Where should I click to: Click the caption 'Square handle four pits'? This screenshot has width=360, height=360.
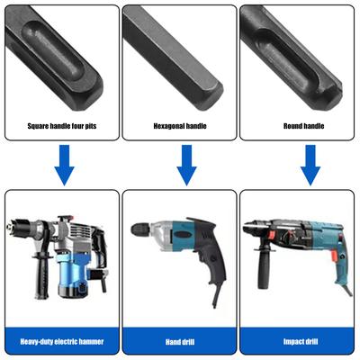[x=62, y=126]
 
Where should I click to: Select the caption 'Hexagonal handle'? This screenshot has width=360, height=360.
[x=180, y=126]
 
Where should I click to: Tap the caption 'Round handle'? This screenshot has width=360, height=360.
[x=303, y=126]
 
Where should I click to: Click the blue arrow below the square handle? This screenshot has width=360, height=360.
[x=64, y=165]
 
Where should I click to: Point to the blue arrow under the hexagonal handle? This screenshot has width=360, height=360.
[x=186, y=165]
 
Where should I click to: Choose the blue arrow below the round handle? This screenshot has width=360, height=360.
[x=310, y=165]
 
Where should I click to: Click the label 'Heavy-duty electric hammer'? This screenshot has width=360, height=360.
[x=62, y=341]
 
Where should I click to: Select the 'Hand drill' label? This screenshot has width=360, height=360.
[x=180, y=342]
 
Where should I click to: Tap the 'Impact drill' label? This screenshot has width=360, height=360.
[x=301, y=341]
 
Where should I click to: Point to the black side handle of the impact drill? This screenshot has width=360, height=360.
[x=263, y=267]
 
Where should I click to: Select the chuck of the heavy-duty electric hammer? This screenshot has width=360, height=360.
[x=18, y=227]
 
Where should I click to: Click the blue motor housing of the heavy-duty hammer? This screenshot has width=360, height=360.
[x=71, y=274]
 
